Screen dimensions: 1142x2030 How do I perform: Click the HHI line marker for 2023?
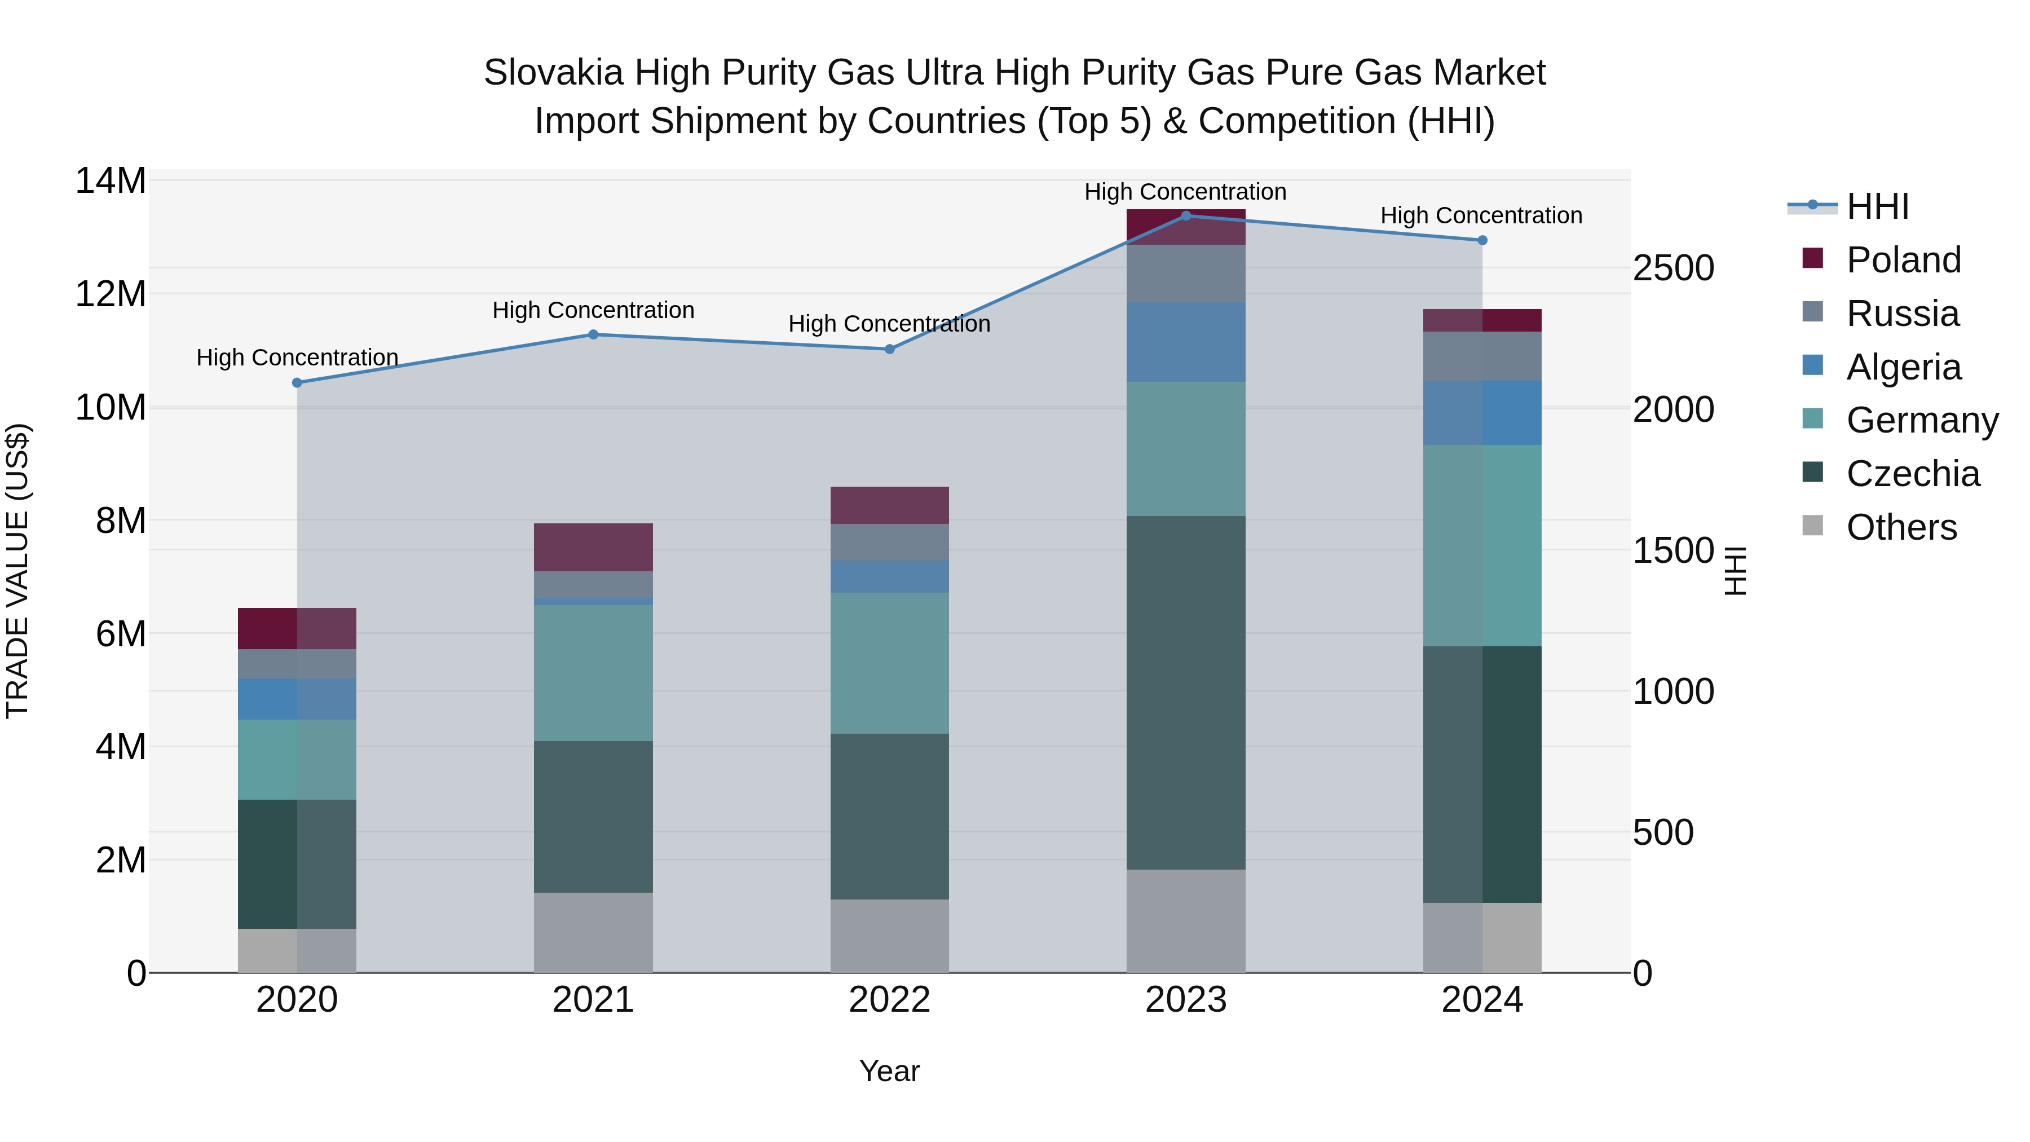tap(1185, 215)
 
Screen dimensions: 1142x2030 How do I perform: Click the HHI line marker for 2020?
tap(297, 382)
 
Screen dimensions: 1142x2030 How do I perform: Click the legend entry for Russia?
tap(1901, 314)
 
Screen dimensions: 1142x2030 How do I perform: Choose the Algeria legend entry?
tap(1903, 367)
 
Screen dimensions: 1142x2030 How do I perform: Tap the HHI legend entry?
tap(1877, 206)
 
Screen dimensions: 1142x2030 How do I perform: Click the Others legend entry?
tap(1901, 527)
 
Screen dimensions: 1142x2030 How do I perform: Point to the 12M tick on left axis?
tap(111, 294)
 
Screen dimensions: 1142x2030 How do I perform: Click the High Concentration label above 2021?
tap(593, 311)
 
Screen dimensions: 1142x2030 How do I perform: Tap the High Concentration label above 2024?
tap(1481, 215)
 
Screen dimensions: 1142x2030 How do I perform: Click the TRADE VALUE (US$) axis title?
tap(17, 571)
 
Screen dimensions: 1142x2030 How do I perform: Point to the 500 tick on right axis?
tap(1663, 832)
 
